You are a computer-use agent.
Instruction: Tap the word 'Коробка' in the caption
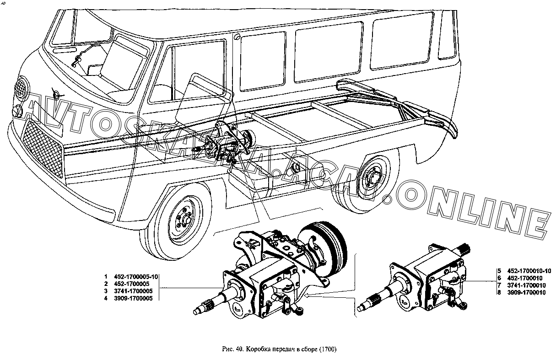(x=258, y=350)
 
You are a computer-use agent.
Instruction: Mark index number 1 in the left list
(x=105, y=277)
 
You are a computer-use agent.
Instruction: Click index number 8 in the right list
(x=499, y=293)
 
